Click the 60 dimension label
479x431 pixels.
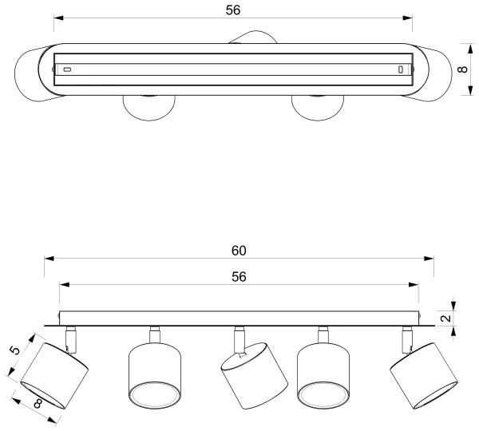point(239,251)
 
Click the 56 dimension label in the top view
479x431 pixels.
point(233,10)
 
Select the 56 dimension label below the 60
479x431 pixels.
point(239,277)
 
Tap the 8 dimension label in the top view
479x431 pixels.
point(463,69)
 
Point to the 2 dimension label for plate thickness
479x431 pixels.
point(447,318)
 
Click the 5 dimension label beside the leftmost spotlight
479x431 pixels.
point(14,350)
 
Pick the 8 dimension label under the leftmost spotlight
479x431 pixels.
point(38,404)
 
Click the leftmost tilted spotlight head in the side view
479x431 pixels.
point(54,376)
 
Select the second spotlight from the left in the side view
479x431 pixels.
point(155,375)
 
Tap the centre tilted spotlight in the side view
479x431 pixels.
point(254,376)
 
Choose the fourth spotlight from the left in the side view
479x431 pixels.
point(323,375)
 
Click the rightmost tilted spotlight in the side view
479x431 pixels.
point(424,376)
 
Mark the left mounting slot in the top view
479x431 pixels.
point(67,69)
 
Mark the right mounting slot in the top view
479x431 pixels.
point(400,69)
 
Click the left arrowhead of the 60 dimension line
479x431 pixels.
point(49,259)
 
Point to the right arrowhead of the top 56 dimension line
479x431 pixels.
point(407,18)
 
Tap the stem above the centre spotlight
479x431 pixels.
point(239,340)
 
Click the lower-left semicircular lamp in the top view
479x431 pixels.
point(149,108)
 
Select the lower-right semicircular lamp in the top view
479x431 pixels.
point(318,108)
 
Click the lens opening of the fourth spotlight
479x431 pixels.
point(323,394)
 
